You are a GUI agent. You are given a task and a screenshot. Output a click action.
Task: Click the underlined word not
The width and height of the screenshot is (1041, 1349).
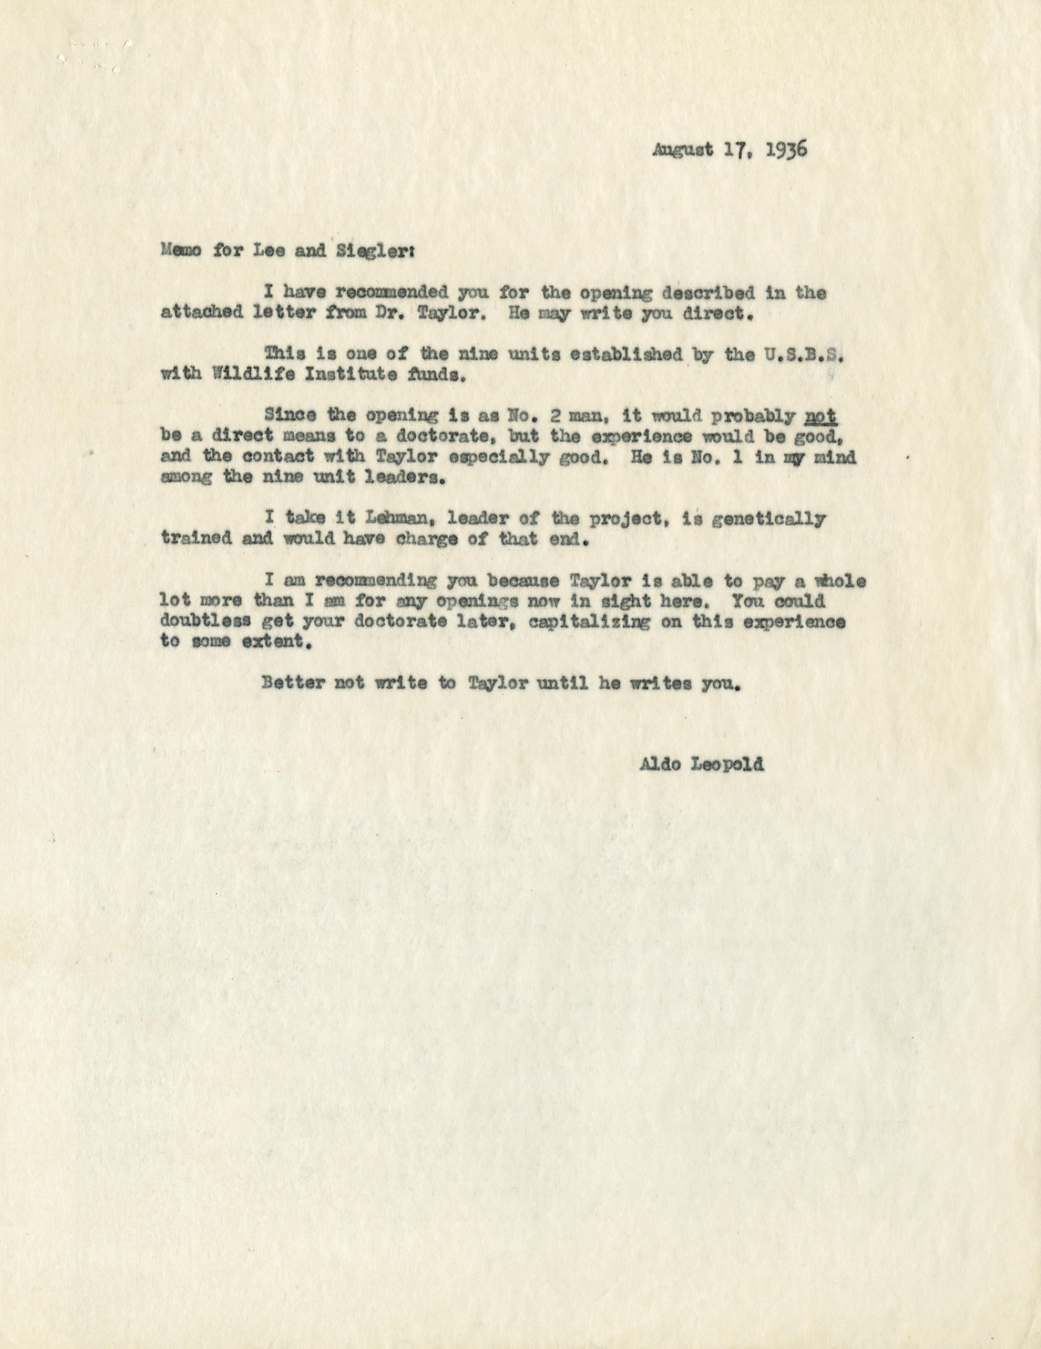[821, 416]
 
